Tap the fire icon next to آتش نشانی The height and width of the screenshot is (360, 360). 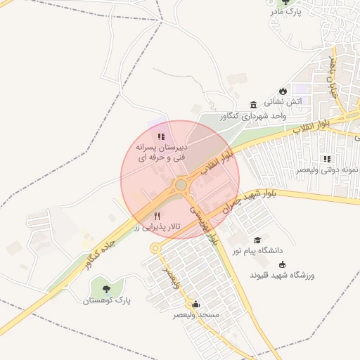click(x=283, y=91)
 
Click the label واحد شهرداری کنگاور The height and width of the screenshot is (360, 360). click(x=255, y=115)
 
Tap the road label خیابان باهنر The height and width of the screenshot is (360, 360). click(x=331, y=77)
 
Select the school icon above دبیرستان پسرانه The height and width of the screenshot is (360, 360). click(x=161, y=137)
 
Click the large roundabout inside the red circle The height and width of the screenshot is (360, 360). click(x=181, y=185)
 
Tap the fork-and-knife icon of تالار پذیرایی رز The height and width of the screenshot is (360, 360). click(x=157, y=217)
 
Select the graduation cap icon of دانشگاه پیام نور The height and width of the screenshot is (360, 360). click(x=257, y=240)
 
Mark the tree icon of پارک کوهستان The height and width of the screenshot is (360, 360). click(x=106, y=289)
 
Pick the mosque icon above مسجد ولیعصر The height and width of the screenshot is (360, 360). click(x=195, y=304)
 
